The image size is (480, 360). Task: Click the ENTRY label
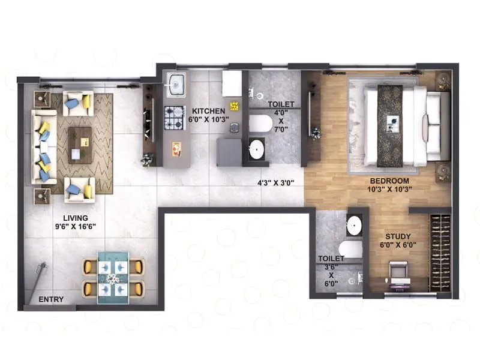click(51, 299)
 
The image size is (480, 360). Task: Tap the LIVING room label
click(76, 218)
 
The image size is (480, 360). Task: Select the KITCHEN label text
click(208, 111)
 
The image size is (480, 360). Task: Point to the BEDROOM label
click(389, 181)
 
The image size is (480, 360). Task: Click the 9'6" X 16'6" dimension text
click(76, 227)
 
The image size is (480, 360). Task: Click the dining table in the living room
click(113, 277)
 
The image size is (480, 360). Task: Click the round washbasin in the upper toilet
click(257, 148)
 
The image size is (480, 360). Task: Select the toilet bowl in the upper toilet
click(259, 123)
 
